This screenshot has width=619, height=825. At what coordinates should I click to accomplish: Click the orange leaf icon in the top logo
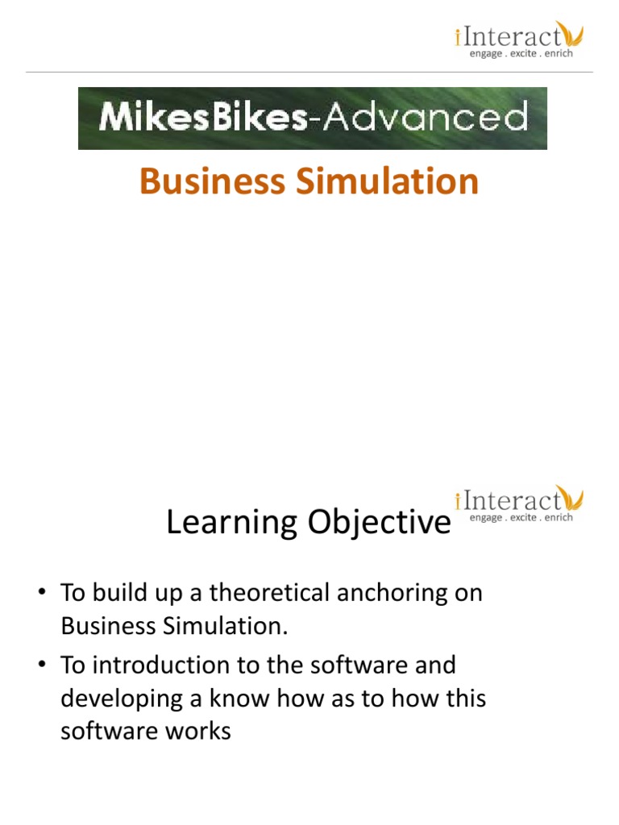[x=573, y=35]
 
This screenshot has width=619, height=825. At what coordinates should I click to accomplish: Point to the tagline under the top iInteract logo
[x=521, y=54]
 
